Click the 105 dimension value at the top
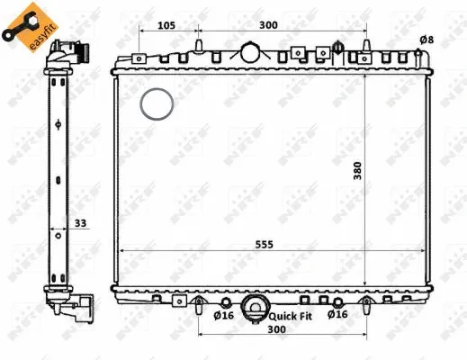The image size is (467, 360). [166, 25]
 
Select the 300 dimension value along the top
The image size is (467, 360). [268, 25]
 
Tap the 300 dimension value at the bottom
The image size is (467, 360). [276, 329]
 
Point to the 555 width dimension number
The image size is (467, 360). [265, 245]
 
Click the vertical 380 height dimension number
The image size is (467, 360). [357, 171]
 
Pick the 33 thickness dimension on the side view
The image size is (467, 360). [80, 223]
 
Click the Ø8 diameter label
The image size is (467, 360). [427, 40]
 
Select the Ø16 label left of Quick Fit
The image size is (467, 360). [223, 315]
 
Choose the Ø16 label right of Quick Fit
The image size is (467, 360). [337, 314]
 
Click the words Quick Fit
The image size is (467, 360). [291, 316]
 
